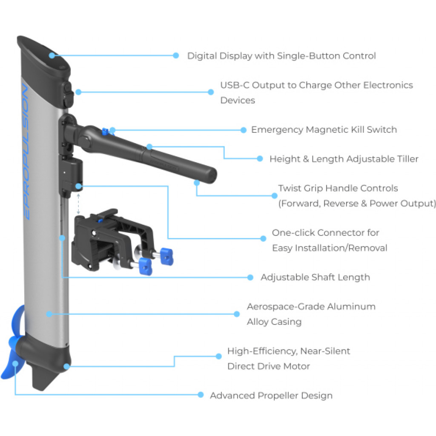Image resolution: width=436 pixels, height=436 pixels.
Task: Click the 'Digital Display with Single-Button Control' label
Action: point(281,56)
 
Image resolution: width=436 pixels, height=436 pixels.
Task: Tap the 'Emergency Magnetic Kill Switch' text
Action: point(324,130)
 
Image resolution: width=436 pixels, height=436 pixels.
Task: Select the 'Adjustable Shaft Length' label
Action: point(315,277)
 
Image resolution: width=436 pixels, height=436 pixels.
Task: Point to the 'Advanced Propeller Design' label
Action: point(271,396)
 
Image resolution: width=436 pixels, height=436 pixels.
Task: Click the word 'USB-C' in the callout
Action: point(235,85)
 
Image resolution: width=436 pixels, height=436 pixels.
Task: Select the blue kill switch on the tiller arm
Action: point(104,131)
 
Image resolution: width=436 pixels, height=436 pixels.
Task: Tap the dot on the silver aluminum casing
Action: point(49,314)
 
